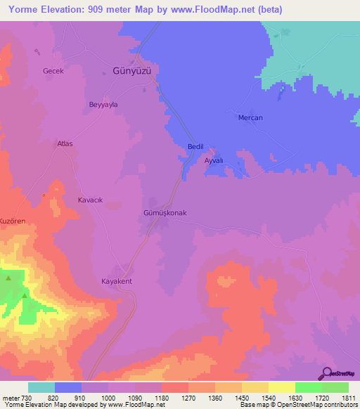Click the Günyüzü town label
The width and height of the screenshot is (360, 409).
pyautogui.click(x=132, y=71)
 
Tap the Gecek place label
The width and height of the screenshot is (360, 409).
pyautogui.click(x=53, y=72)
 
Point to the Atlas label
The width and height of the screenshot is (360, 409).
pyautogui.click(x=65, y=143)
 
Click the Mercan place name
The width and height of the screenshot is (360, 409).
pyautogui.click(x=250, y=117)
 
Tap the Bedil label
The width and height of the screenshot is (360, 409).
pyautogui.click(x=195, y=147)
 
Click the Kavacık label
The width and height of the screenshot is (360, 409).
pyautogui.click(x=90, y=200)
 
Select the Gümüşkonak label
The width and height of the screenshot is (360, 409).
pyautogui.click(x=165, y=212)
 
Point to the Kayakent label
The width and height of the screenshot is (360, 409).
pyautogui.click(x=117, y=281)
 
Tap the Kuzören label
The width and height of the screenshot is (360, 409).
pyautogui.click(x=13, y=221)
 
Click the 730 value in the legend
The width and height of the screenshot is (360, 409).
pyautogui.click(x=28, y=397)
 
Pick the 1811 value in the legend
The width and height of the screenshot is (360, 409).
pyautogui.click(x=349, y=397)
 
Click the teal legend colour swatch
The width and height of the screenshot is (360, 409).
pyautogui.click(x=41, y=387)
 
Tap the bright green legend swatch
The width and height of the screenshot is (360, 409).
pyautogui.click(x=309, y=387)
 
